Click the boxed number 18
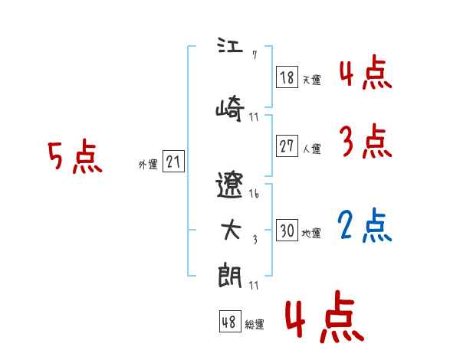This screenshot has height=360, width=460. (287, 77)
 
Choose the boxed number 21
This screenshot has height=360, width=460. (173, 162)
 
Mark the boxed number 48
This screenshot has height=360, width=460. (229, 322)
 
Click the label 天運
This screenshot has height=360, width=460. (311, 80)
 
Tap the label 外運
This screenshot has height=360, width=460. (147, 165)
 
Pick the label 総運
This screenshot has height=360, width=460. (255, 325)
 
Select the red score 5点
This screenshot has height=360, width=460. (75, 157)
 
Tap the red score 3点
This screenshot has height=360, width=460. (366, 142)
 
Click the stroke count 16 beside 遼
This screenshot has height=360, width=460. (254, 195)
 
